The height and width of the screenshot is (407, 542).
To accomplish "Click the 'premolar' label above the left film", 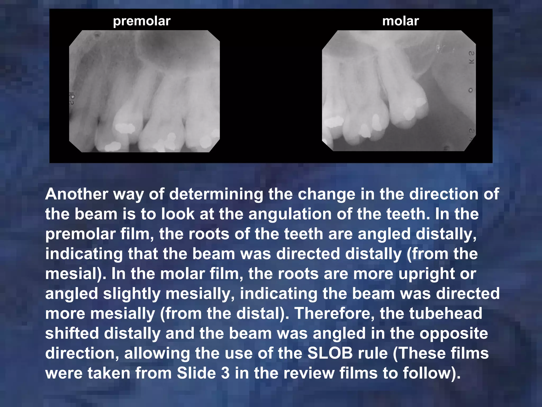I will point(142,21).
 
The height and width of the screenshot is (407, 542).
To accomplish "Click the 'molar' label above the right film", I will point(400,21).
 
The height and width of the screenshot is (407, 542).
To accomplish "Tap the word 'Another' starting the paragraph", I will point(76,194).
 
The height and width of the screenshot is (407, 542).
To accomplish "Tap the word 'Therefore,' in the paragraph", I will point(334,313).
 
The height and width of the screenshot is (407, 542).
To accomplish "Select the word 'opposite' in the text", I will point(454,334).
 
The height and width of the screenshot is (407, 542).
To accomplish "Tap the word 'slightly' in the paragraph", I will point(132,294).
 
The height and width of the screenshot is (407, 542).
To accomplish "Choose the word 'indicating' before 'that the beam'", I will point(84,254).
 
